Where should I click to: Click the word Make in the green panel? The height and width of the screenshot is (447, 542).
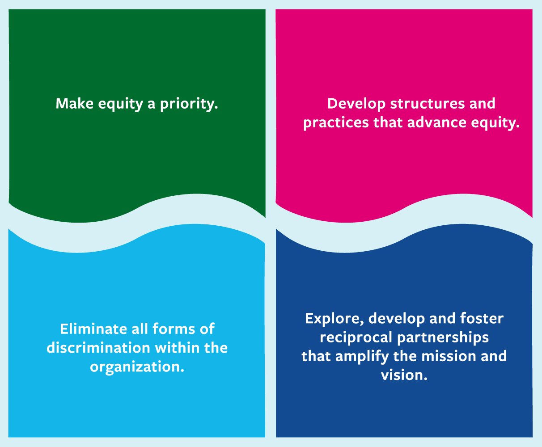point(75,104)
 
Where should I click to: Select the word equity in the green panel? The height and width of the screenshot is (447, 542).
point(121,105)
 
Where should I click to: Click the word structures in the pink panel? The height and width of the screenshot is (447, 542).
point(427,104)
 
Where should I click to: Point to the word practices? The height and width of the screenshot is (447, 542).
point(336,123)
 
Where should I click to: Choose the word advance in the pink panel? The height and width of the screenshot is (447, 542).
point(437,122)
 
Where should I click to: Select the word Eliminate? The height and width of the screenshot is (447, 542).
point(93,329)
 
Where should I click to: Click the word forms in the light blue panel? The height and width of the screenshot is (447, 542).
point(174,329)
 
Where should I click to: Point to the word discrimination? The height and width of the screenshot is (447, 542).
point(98,348)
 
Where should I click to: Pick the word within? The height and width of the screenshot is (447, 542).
point(177,348)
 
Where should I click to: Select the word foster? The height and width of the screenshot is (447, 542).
point(482,318)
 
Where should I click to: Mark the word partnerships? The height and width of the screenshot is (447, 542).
point(443,338)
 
